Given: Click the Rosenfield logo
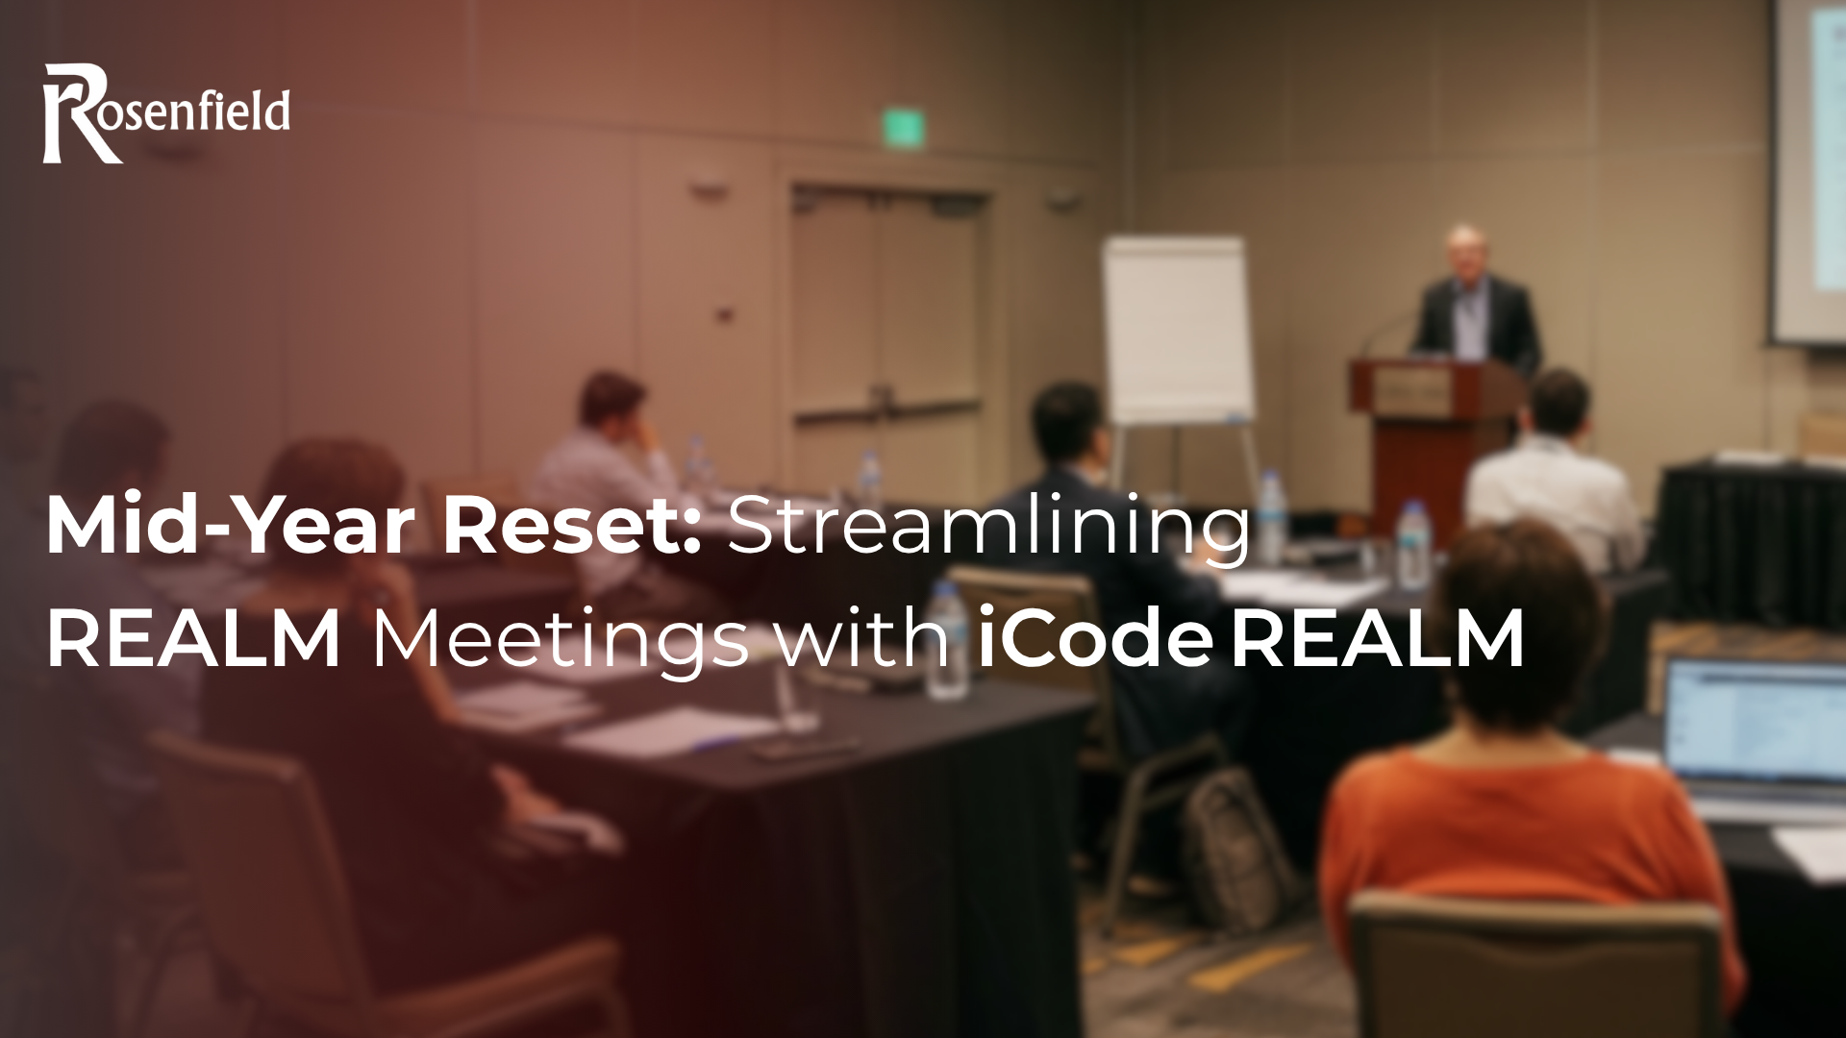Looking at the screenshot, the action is click(166, 113).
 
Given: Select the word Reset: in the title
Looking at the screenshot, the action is click(572, 527).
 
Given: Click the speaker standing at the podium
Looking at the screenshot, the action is click(1475, 298).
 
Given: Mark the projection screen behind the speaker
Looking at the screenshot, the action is click(1808, 173).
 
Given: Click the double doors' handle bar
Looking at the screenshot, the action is click(885, 411).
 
